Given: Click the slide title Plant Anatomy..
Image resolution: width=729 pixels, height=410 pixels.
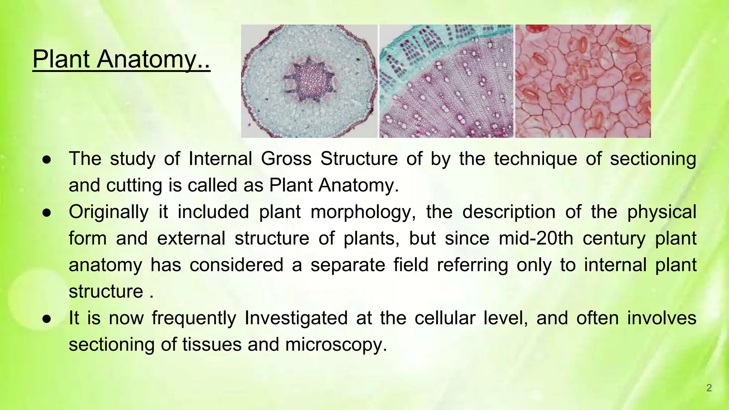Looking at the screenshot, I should click(121, 59).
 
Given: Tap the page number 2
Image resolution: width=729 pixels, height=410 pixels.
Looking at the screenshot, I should click(709, 388).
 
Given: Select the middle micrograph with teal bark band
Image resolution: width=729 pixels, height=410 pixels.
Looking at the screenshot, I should click(446, 81).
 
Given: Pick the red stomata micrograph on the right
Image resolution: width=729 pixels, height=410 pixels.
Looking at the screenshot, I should click(583, 81).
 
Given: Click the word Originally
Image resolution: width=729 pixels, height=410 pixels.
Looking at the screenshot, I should click(109, 212).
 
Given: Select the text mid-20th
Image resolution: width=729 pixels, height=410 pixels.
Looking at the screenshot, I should click(536, 238).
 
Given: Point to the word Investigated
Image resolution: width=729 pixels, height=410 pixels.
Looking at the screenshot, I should click(296, 318).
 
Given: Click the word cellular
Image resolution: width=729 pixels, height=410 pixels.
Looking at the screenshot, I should click(445, 318).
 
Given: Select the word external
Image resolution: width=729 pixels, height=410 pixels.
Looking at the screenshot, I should click(191, 238).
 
